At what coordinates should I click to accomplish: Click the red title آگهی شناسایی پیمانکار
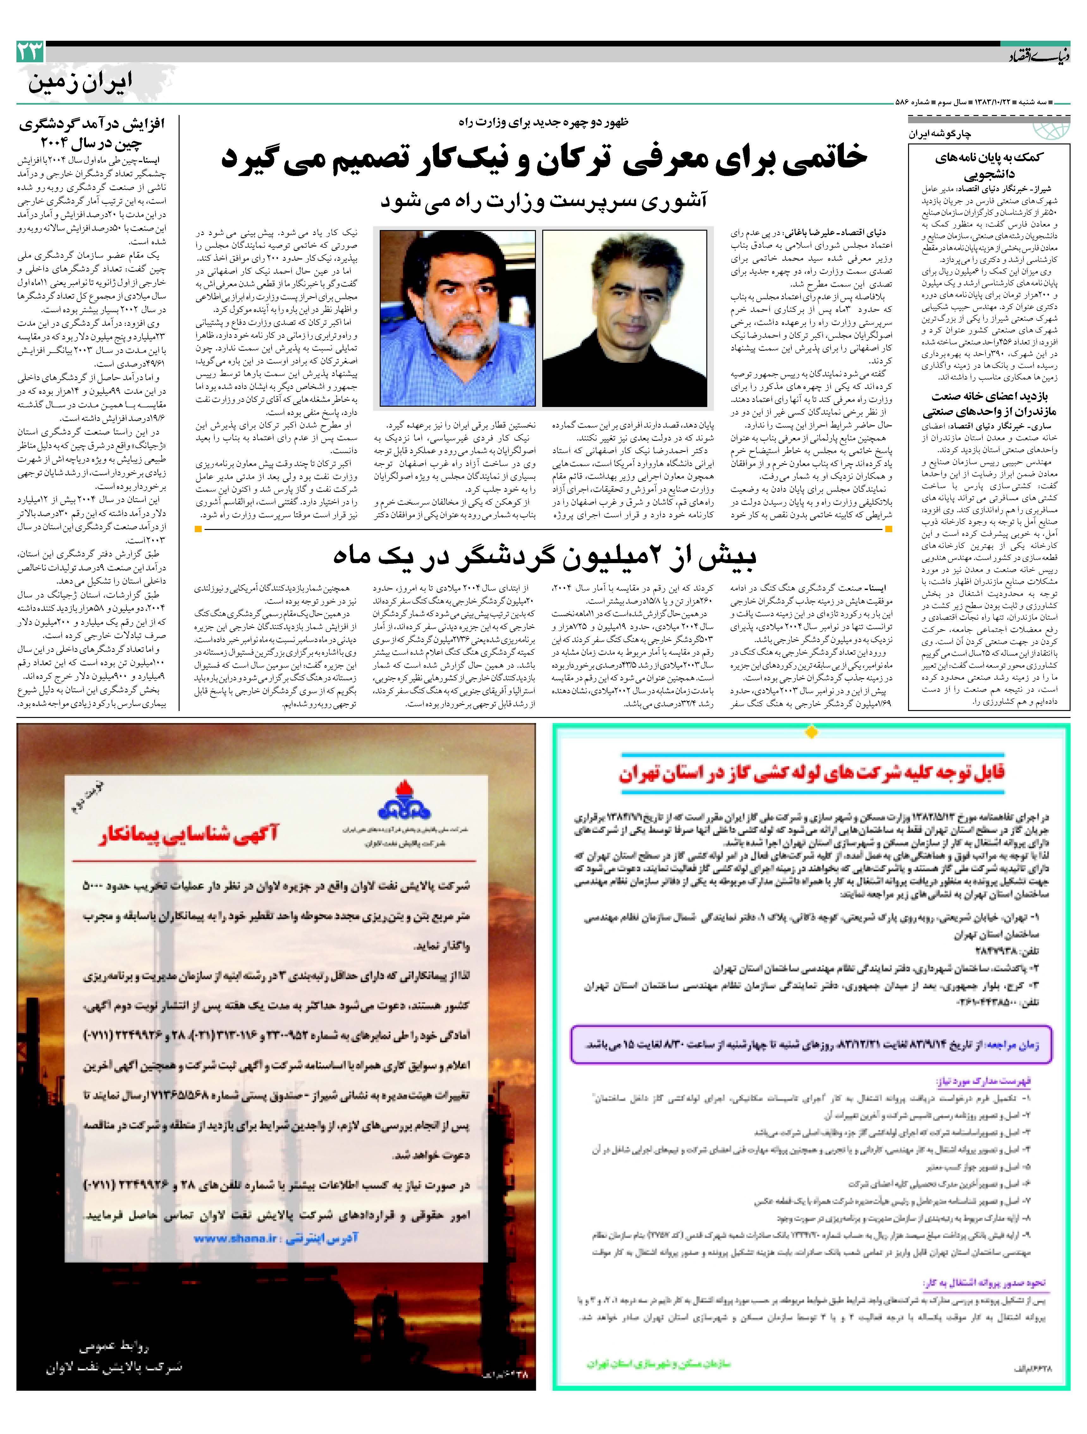[x=188, y=834]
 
